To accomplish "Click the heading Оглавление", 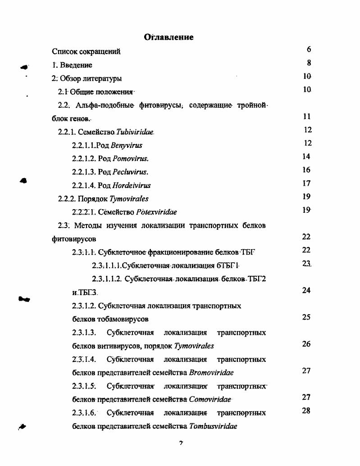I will tap(169, 37).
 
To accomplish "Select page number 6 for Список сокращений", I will tap(309, 50).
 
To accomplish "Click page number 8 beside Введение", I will tap(309, 63).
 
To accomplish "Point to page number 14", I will tap(306, 157).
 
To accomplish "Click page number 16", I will tap(306, 170).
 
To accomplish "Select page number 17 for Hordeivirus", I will tap(306, 183).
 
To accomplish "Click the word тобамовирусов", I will tap(123, 319).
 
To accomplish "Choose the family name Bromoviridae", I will tap(211, 373).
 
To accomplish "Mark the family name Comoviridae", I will tap(210, 399).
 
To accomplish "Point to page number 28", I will tap(306, 411).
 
